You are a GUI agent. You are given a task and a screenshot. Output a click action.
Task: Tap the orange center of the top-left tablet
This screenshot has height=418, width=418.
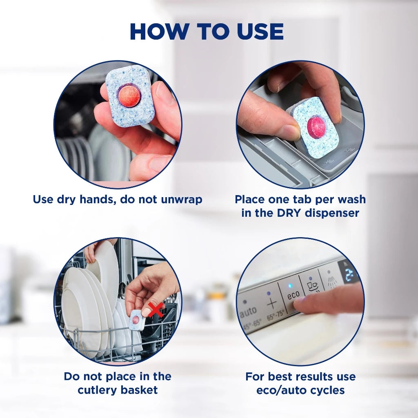pos(129,96)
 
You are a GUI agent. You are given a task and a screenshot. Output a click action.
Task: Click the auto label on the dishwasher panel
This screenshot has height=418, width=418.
pos(248,312)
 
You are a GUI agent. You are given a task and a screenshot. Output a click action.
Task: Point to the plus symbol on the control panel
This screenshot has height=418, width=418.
pos(271,303)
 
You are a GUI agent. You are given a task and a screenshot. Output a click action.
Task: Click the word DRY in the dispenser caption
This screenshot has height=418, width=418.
pos(288,213)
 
